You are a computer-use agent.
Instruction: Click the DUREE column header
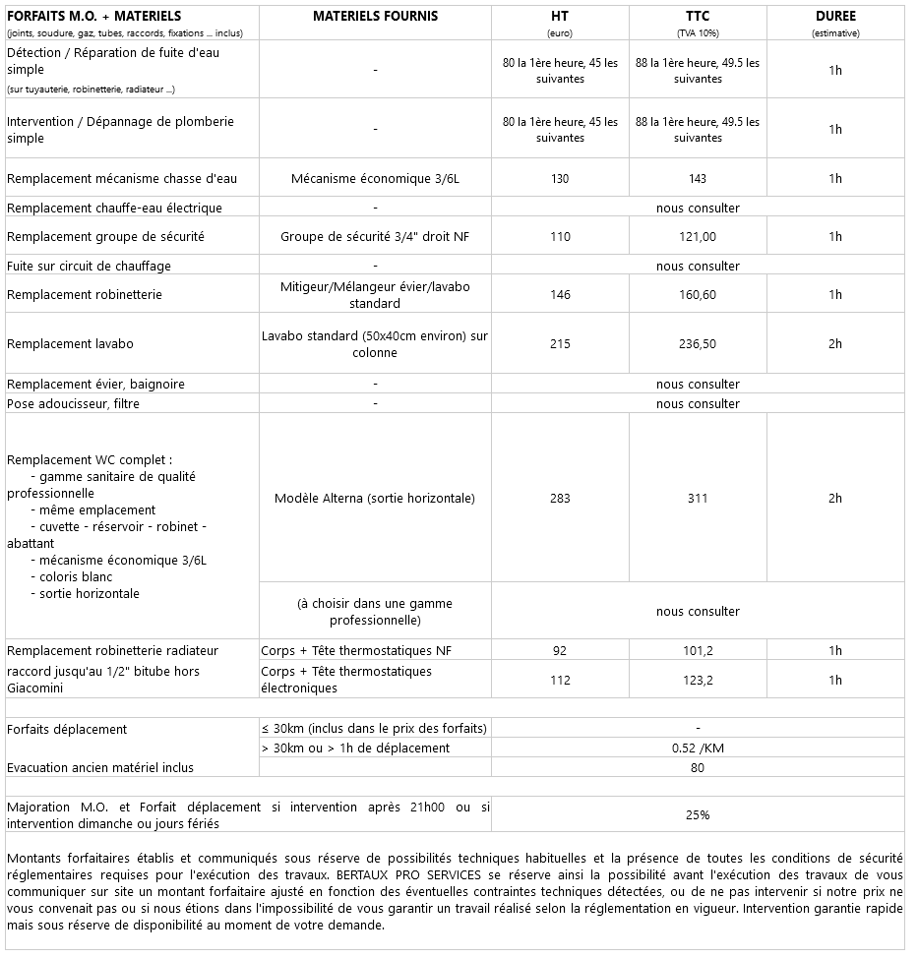pos(834,17)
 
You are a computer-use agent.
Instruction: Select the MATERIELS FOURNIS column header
pos(375,17)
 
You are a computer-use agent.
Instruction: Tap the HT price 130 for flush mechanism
pos(560,178)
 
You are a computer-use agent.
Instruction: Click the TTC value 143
pos(698,178)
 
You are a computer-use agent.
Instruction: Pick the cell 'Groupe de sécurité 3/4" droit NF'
pos(375,237)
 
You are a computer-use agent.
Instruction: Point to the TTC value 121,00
pos(698,237)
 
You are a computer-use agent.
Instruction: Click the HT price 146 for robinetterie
pos(560,295)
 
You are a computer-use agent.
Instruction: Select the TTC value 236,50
pos(698,344)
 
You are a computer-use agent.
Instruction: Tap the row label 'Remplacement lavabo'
pos(70,344)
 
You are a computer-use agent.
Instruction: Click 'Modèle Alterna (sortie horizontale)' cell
pos(375,499)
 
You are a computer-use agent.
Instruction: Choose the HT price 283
pos(560,499)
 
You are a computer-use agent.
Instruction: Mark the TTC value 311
pos(698,499)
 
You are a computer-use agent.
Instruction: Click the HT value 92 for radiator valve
pos(560,650)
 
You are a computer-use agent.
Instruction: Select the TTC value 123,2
pos(698,680)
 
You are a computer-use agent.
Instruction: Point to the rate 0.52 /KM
pos(698,748)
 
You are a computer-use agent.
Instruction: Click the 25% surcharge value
pos(698,814)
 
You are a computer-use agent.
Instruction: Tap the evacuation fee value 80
pos(698,767)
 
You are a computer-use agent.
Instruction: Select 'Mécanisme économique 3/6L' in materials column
pos(375,178)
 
